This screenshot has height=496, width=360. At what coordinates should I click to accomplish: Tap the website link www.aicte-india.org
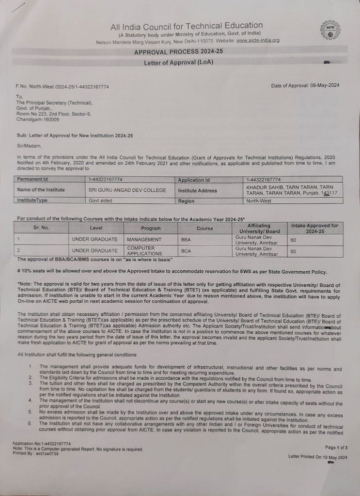point(258,41)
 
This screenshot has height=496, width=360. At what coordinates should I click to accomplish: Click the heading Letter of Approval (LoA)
point(178,62)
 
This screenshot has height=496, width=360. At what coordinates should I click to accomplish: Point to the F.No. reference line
point(62,86)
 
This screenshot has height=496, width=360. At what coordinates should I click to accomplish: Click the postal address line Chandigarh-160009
point(38,119)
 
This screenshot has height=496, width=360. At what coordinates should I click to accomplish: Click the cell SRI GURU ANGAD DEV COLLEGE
point(127,190)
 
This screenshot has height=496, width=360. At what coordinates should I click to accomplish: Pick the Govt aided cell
point(101,200)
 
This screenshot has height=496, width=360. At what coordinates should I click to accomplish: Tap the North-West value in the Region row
point(259,200)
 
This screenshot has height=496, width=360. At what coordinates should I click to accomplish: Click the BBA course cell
point(186,240)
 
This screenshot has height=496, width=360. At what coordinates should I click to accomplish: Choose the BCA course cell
point(186,251)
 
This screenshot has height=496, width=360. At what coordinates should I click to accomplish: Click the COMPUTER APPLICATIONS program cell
point(144,251)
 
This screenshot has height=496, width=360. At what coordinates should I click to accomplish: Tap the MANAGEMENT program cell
point(144,240)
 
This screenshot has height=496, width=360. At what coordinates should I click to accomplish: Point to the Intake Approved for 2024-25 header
point(315,229)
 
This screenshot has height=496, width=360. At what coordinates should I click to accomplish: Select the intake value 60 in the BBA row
point(293,240)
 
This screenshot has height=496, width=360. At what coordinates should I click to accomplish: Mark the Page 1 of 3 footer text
point(336,447)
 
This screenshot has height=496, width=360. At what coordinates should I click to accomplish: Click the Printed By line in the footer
point(35,454)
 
